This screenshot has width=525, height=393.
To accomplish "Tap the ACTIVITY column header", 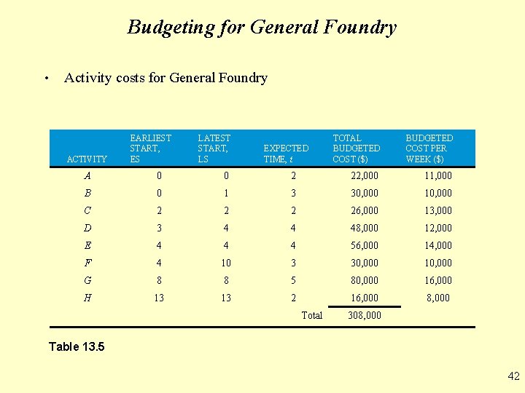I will click(87, 159).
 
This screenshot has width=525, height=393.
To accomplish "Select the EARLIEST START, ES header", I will click(150, 148).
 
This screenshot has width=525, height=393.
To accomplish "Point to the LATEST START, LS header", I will click(214, 148).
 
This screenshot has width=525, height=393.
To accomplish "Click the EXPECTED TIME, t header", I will click(286, 153).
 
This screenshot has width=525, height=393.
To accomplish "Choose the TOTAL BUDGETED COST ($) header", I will click(356, 148).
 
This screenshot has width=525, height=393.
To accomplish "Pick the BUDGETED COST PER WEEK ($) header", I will click(429, 148).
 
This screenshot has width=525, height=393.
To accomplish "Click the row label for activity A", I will click(87, 175).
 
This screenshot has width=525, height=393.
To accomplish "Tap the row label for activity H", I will click(87, 298).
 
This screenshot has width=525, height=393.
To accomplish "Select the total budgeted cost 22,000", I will click(365, 175).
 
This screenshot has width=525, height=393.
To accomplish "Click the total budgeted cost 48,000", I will click(365, 228).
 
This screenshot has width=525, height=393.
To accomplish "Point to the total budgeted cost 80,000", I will click(365, 280).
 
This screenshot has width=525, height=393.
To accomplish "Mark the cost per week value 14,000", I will click(438, 245).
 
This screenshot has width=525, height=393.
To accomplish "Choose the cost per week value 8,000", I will click(438, 298).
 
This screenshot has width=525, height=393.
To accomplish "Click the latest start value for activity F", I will click(226, 263).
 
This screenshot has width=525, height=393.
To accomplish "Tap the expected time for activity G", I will click(293, 280).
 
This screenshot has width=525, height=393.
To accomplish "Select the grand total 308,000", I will click(365, 315).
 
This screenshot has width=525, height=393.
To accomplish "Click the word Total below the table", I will click(311, 315).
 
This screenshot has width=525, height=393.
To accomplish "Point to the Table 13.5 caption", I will click(77, 346).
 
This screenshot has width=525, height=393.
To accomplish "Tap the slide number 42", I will click(513, 376).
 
